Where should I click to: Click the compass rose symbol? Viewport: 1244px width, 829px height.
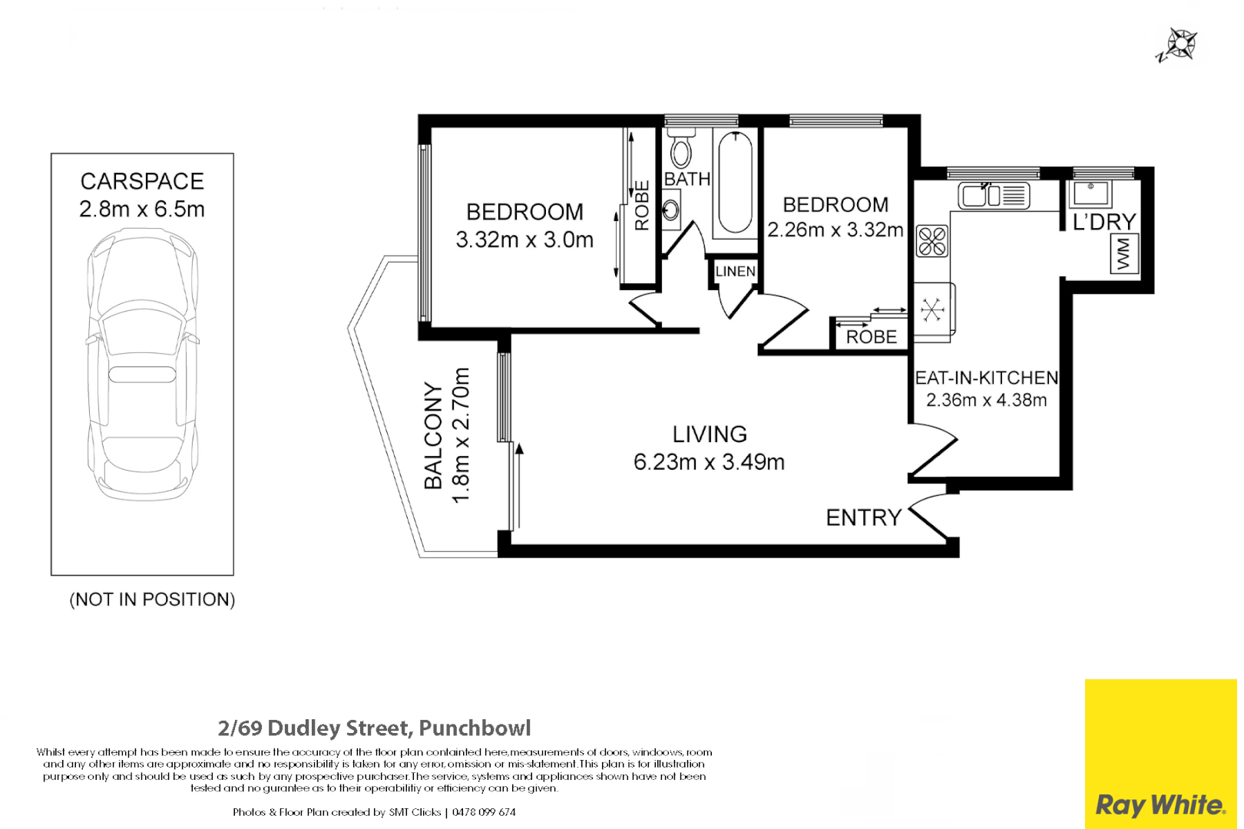pos(1179,45)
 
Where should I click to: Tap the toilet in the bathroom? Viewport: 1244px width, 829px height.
pos(681,147)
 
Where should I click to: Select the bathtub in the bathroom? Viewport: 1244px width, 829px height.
pos(736,183)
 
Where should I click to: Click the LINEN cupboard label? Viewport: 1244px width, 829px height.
pos(736,272)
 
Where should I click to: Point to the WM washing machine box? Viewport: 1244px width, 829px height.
pos(1125,254)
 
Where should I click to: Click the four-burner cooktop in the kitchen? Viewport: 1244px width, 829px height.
pos(932,241)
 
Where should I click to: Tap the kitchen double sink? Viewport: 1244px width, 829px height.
pos(994,196)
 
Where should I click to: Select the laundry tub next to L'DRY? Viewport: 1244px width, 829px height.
pos(1091,193)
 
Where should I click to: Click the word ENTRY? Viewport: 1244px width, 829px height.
pos(863,518)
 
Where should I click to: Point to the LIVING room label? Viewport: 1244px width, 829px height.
pos(710,434)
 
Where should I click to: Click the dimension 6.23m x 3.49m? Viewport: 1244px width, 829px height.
pos(710,462)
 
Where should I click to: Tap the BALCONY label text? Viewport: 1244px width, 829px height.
pos(433,436)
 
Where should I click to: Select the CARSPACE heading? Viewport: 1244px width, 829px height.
pos(142,182)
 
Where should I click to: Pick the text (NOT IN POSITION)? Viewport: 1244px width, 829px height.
pos(152,599)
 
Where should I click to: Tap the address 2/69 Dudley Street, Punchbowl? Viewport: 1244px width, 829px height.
pos(374,728)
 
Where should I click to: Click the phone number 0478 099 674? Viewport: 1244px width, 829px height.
pos(485,812)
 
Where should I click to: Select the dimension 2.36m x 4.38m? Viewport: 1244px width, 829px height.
pos(986,400)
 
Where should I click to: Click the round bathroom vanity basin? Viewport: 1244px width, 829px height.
pos(670,210)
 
